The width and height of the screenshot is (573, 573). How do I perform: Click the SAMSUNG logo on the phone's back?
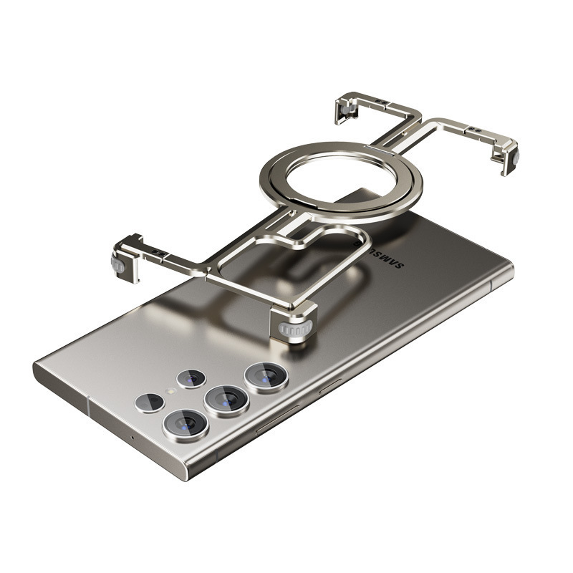tap(379, 254)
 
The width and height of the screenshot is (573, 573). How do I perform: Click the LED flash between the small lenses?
tap(170, 391)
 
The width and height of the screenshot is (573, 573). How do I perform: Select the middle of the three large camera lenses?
tap(226, 400)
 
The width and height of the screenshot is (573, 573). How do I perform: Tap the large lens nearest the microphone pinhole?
tap(186, 425)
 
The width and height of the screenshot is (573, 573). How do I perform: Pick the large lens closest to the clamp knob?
tap(266, 377)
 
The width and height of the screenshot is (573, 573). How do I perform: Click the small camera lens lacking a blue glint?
tap(149, 403)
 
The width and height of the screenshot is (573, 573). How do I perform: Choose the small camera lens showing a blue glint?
tap(191, 379)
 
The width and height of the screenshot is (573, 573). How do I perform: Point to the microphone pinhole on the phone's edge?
tap(133, 438)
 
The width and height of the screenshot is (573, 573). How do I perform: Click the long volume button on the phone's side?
tap(278, 420)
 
